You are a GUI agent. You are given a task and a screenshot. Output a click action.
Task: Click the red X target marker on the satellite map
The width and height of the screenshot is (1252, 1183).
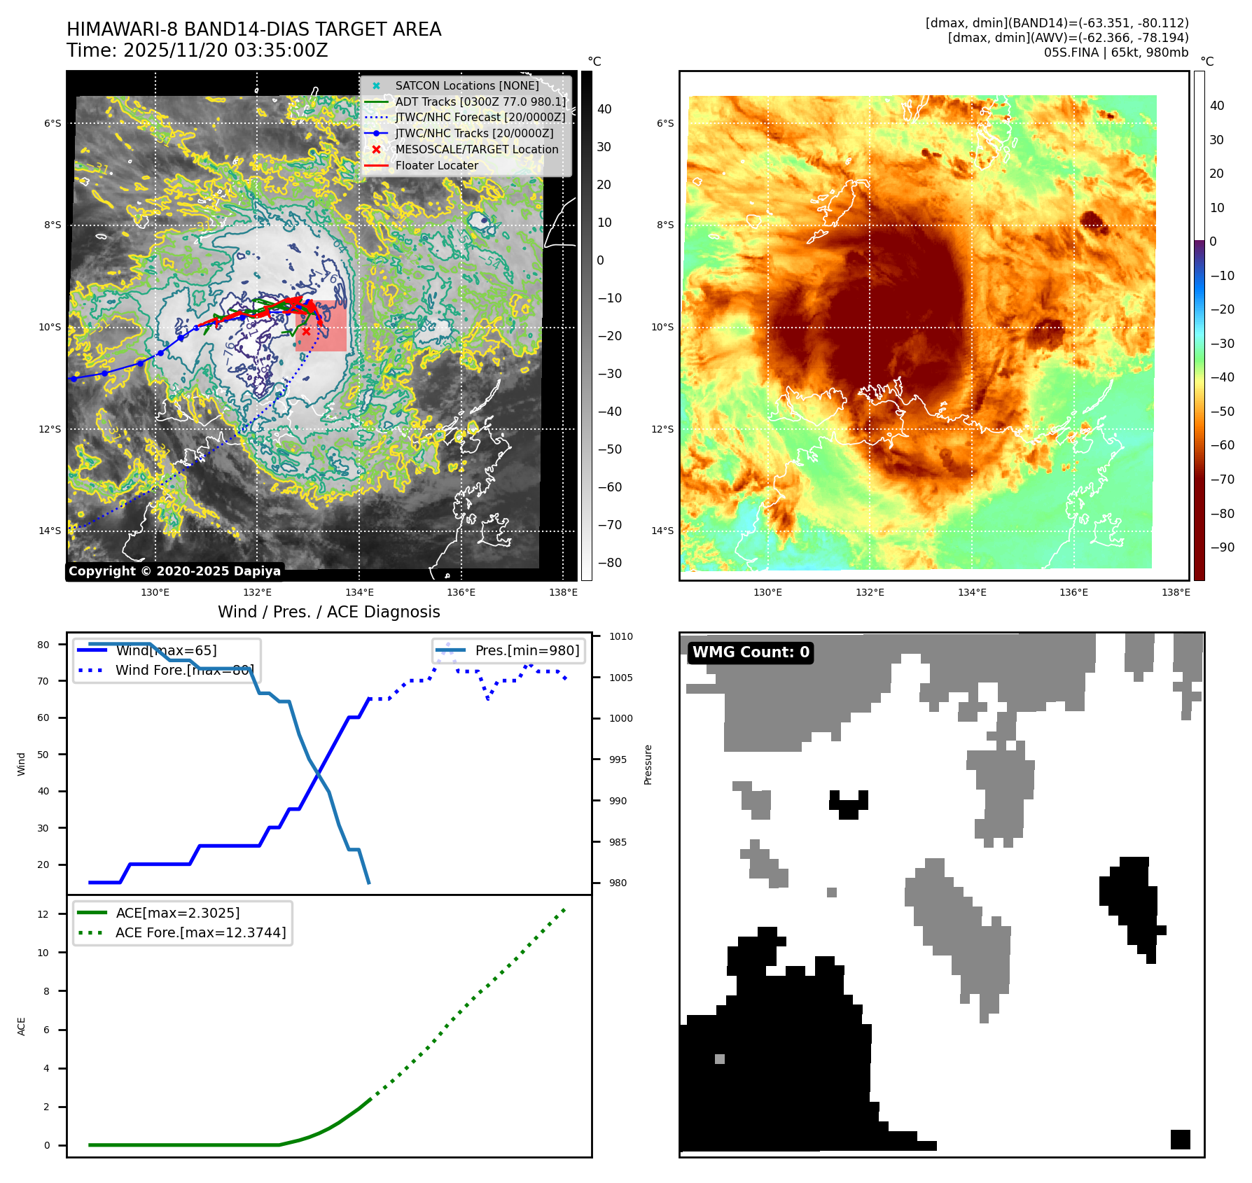click(x=306, y=331)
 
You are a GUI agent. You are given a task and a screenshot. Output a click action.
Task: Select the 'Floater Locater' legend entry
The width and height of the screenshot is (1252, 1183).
click(x=436, y=166)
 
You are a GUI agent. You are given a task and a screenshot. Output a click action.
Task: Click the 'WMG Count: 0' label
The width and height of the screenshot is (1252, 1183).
click(x=751, y=652)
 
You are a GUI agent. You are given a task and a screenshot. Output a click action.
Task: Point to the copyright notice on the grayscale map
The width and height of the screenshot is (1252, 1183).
click(x=174, y=571)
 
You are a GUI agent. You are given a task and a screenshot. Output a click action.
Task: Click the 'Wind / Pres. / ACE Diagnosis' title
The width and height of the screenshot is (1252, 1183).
click(x=328, y=612)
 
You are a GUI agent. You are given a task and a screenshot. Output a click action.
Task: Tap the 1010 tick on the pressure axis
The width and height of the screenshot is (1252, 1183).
click(x=620, y=636)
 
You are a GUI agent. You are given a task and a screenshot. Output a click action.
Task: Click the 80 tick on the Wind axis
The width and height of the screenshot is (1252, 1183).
click(x=43, y=645)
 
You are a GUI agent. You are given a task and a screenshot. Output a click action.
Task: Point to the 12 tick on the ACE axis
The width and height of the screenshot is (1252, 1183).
click(x=43, y=914)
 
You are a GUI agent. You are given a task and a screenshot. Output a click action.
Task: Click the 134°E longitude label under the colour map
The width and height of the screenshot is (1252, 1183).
click(x=972, y=592)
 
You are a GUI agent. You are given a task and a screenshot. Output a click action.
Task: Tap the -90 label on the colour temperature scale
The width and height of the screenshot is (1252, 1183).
click(x=1222, y=547)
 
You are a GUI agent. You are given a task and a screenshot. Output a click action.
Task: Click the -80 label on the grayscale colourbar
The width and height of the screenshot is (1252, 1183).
click(x=609, y=563)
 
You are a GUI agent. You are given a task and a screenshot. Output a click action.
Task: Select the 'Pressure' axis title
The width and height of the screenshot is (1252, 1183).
click(x=648, y=764)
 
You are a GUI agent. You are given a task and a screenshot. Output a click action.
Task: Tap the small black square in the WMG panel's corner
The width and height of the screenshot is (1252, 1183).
click(x=1180, y=1140)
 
